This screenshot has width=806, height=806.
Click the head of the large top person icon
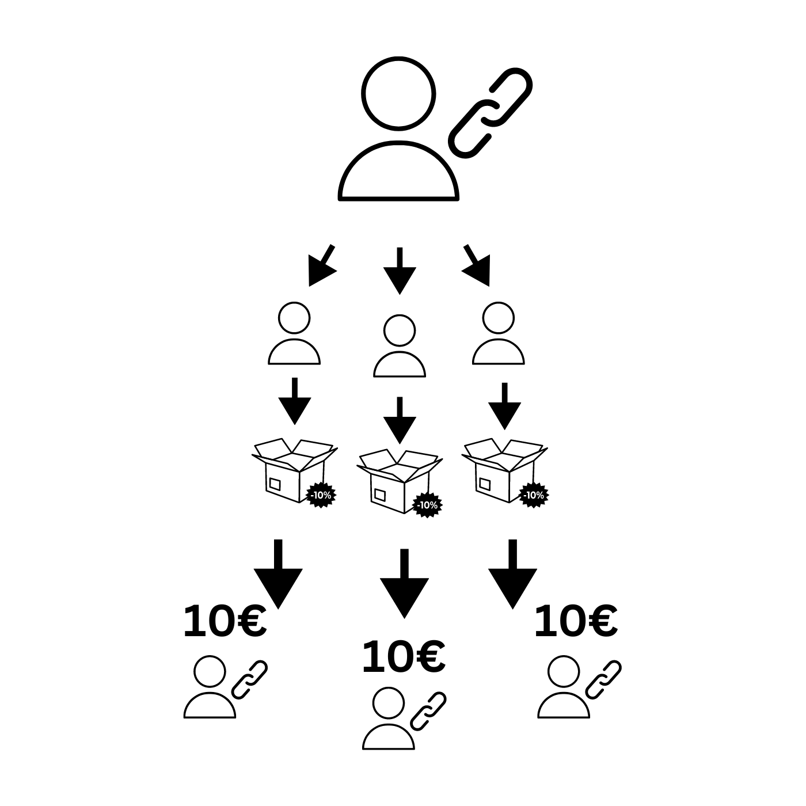(398, 93)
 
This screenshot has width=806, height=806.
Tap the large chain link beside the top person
(490, 112)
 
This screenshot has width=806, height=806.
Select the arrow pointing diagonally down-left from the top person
(322, 265)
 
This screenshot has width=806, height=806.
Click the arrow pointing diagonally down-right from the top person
(477, 265)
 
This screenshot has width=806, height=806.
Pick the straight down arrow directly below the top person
(400, 271)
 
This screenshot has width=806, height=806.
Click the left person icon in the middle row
(294, 333)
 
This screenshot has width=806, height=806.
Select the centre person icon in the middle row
(400, 346)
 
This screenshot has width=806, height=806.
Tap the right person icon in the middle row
(498, 333)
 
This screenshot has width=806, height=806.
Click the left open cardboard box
(294, 470)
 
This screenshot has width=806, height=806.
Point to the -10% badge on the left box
(321, 496)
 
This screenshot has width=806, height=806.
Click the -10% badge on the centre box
(427, 505)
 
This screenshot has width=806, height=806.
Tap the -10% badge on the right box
(534, 496)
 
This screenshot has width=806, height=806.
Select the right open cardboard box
(504, 470)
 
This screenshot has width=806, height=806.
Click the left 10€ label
(225, 621)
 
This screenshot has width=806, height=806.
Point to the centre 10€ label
(404, 657)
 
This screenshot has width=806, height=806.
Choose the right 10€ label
(576, 621)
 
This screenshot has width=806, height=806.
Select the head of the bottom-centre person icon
(389, 703)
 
